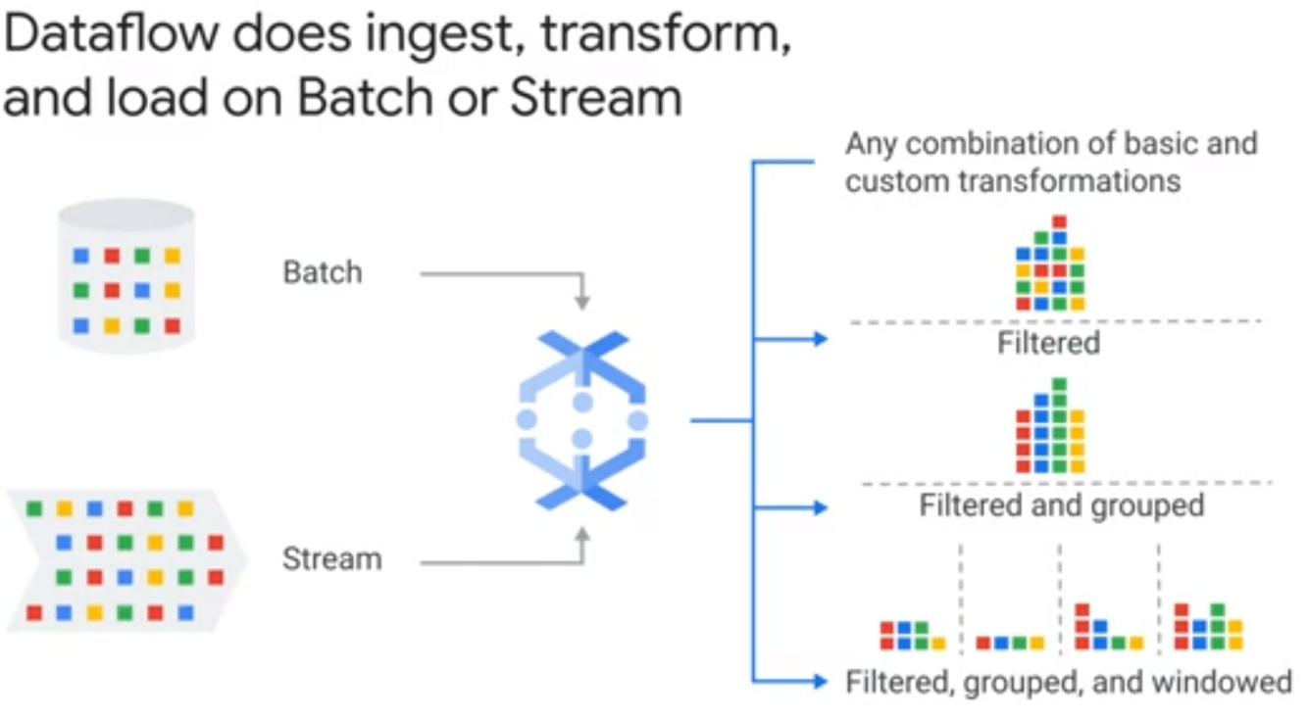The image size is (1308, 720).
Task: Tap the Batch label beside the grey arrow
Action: click(323, 271)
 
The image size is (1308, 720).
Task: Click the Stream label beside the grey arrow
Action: click(331, 559)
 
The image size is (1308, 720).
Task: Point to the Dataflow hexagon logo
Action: click(581, 420)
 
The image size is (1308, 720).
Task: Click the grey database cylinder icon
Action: click(126, 273)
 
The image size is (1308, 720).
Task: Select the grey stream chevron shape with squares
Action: click(125, 561)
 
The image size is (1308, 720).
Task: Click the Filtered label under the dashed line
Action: click(1048, 343)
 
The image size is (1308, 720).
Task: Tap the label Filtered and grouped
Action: click(1061, 505)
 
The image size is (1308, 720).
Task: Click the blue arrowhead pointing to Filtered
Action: click(821, 339)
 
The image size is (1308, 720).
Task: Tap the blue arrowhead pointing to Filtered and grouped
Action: click(821, 507)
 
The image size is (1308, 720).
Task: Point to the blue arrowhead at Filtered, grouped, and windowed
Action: click(821, 681)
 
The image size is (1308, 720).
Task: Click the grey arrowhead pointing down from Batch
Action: click(582, 304)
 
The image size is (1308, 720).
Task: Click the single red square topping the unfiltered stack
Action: click(1058, 222)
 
